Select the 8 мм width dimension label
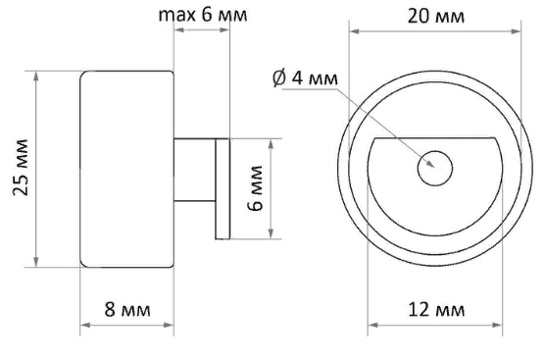[x=126, y=310]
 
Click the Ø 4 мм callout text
[x=305, y=78]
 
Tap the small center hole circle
[x=433, y=169]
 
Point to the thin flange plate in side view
[x=222, y=187]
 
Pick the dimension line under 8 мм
[x=126, y=328]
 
